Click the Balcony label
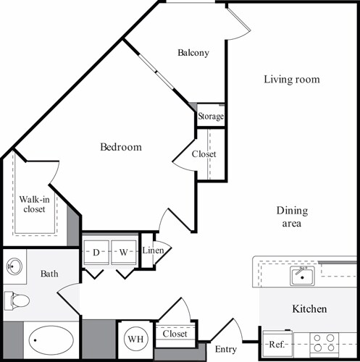pyautogui.click(x=193, y=53)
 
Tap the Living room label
pyautogui.click(x=291, y=79)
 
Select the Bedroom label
pyautogui.click(x=120, y=147)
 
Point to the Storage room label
pyautogui.click(x=210, y=117)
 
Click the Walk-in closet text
pyautogui.click(x=33, y=203)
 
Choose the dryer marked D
pyautogui.click(x=96, y=252)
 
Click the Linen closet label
pyautogui.click(x=153, y=251)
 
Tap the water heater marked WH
pyautogui.click(x=134, y=339)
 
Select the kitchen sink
pyautogui.click(x=301, y=275)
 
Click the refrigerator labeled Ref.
pyautogui.click(x=276, y=344)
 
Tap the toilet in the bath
pyautogui.click(x=17, y=299)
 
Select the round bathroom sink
pyautogui.click(x=14, y=266)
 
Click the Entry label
pyautogui.click(x=225, y=350)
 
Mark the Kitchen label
pyautogui.click(x=309, y=309)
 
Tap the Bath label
pyautogui.click(x=49, y=274)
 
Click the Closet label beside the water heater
pyautogui.click(x=175, y=334)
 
